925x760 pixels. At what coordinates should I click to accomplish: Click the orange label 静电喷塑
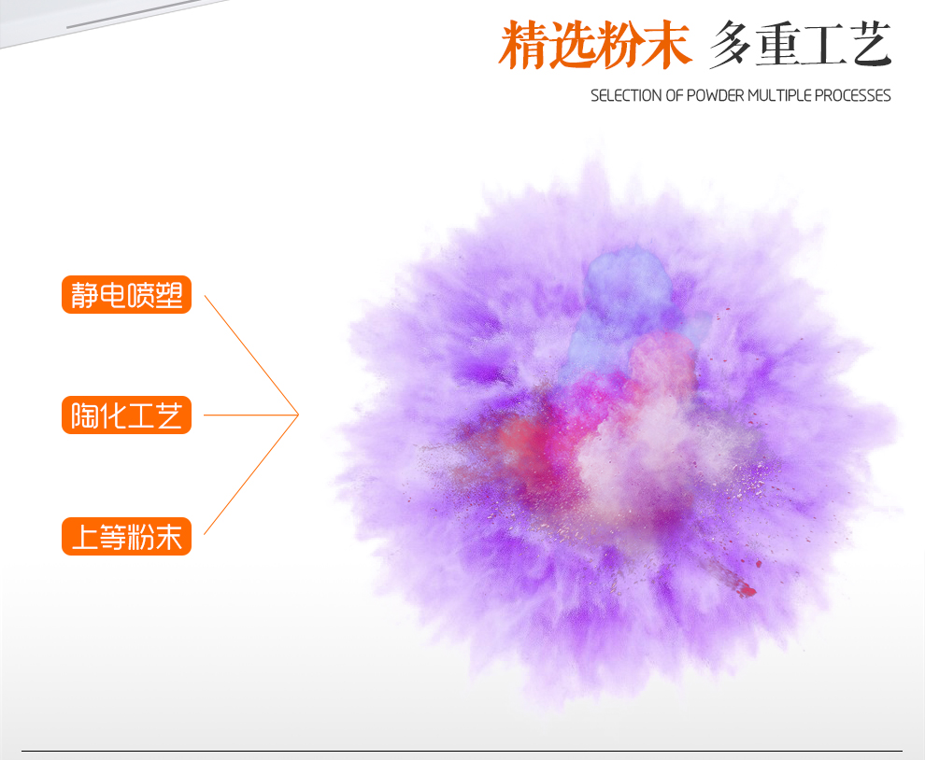[126, 295]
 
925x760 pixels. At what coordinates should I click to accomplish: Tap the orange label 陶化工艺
[126, 415]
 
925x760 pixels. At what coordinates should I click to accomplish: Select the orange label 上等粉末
[126, 536]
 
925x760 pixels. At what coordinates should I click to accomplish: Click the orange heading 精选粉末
[594, 45]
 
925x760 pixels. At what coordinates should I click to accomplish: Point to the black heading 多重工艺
[800, 45]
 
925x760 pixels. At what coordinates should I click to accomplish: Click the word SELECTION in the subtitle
[626, 95]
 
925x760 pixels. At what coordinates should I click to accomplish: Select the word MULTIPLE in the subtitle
[779, 95]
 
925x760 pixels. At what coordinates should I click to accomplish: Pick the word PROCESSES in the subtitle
[852, 95]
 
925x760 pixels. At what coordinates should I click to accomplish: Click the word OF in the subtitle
[675, 95]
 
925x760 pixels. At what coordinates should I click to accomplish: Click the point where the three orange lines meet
[298, 415]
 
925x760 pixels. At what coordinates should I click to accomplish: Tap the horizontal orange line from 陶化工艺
[251, 415]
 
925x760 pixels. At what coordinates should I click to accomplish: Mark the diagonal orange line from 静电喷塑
[251, 355]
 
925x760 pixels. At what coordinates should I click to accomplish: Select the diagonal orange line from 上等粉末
[251, 474]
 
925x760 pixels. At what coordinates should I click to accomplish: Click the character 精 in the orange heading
[523, 45]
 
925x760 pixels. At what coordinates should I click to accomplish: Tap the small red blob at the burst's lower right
[747, 589]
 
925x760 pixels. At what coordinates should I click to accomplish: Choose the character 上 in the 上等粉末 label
[84, 537]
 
